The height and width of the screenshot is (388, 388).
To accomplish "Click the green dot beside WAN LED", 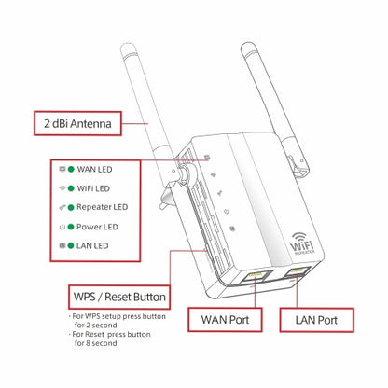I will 71,170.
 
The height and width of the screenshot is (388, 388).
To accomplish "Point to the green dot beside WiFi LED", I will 71,188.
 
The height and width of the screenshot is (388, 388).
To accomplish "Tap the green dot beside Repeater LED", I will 71,207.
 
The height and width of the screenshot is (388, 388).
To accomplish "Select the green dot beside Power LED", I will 71,226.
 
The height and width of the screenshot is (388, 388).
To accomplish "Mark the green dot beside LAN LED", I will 71,244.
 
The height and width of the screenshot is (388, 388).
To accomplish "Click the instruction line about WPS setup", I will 120,322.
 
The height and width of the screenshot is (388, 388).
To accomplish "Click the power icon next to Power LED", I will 61,226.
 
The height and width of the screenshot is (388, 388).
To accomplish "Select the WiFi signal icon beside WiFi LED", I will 61,188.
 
